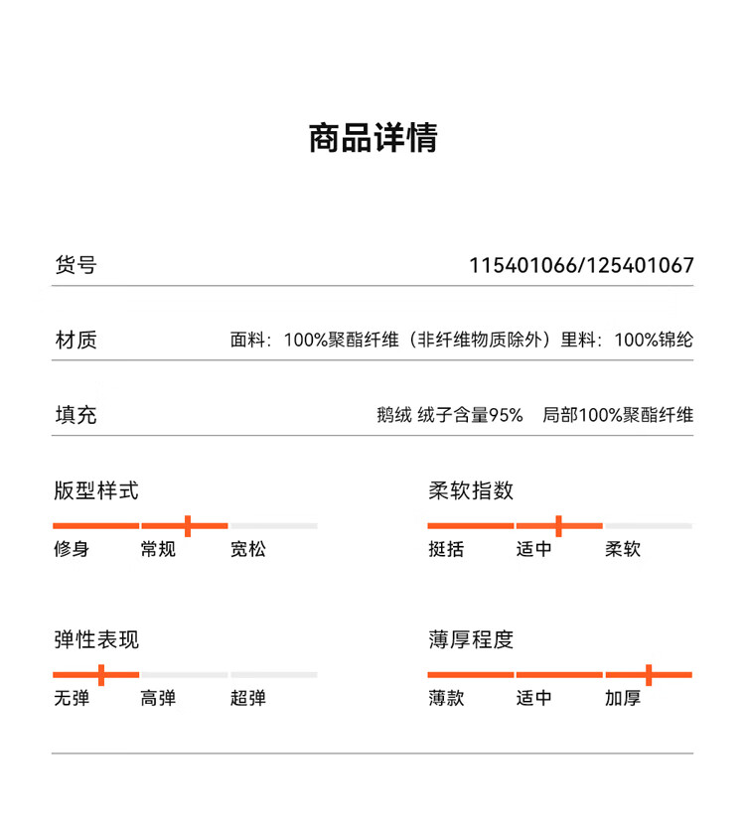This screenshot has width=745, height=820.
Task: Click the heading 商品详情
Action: [x=372, y=138]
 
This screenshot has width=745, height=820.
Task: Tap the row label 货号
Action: [x=75, y=266]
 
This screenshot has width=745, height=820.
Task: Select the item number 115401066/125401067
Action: [x=581, y=266]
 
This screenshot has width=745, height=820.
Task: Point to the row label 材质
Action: [x=75, y=341]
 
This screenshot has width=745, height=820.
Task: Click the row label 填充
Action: [x=75, y=415]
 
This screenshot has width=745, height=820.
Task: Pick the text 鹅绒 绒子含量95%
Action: [x=449, y=415]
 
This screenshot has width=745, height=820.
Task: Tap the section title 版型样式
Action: [x=96, y=490]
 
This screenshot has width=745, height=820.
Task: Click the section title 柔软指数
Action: [x=471, y=490]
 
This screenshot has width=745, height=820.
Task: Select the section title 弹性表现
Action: [x=96, y=639]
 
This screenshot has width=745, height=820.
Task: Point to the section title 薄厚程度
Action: [x=471, y=639]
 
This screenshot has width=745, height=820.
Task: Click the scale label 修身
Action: [x=72, y=549]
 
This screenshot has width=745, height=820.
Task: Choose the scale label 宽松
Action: [x=248, y=549]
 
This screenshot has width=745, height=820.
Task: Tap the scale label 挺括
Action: [x=446, y=549]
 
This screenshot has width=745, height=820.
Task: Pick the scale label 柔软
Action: [x=623, y=549]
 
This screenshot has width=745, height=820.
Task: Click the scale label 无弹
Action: [x=72, y=698]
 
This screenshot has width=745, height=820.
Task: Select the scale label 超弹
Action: [x=248, y=698]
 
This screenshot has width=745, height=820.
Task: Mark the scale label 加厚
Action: [x=623, y=698]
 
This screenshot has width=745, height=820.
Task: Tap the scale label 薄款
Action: [x=446, y=698]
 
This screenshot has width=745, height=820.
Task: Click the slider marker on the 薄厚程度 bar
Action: [x=648, y=675]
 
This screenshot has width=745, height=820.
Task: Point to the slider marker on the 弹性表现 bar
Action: [x=100, y=675]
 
